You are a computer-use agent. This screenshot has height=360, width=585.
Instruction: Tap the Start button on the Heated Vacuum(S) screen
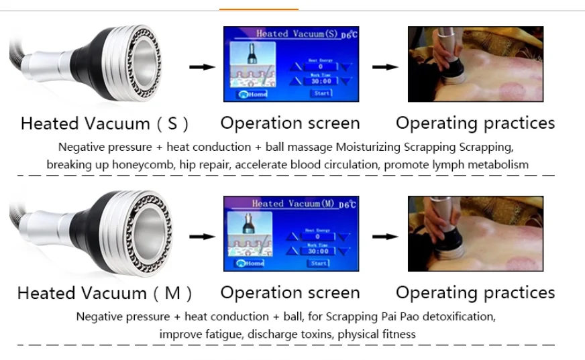[x=321, y=93]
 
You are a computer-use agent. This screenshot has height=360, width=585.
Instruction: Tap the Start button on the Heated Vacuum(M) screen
[x=321, y=263]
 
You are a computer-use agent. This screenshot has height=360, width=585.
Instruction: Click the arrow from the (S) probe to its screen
[x=201, y=67]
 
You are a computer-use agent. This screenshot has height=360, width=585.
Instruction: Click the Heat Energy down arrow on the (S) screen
[x=346, y=67]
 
